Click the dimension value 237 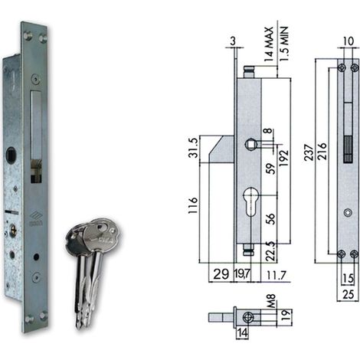tap(309, 152)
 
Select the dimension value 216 tap(322, 151)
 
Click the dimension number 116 tap(193, 205)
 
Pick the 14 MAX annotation tap(269, 44)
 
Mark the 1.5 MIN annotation tap(284, 44)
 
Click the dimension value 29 tap(221, 274)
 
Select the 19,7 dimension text tap(242, 274)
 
